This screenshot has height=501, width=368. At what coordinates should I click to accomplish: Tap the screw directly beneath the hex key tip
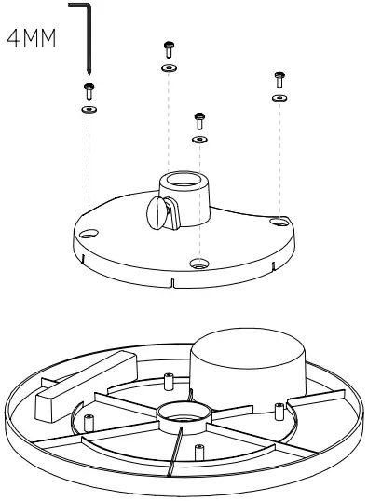click(89, 89)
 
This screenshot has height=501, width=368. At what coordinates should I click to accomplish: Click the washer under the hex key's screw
click(89, 109)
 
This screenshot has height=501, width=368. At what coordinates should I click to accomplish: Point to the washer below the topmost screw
click(168, 68)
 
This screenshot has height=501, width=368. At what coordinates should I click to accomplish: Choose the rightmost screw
click(278, 78)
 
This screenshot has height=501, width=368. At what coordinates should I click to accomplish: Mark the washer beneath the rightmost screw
click(278, 97)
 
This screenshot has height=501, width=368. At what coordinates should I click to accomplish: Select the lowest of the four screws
click(198, 119)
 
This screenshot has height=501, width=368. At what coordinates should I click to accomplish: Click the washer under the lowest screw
click(198, 139)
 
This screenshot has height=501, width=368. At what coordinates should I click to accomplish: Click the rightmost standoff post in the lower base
click(278, 406)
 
